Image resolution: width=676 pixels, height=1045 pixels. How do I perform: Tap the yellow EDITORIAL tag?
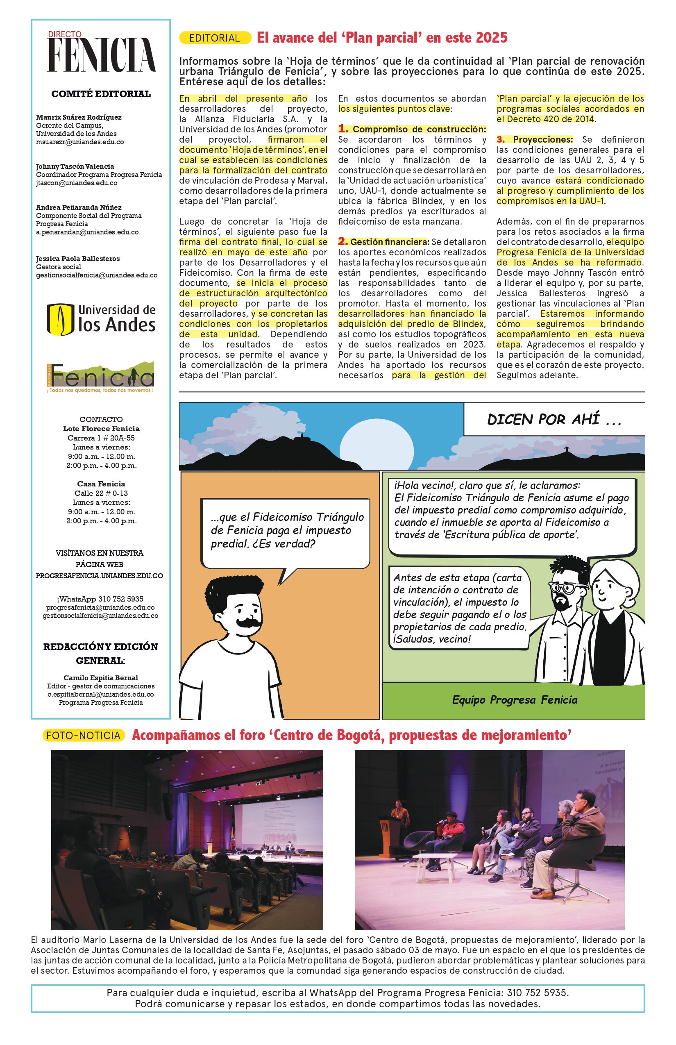(x=215, y=38)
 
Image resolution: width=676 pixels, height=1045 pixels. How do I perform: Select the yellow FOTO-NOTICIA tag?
(x=84, y=736)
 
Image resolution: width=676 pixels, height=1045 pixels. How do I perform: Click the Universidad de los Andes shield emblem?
(x=60, y=319)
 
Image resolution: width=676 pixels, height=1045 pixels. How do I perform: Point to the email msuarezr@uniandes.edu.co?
(x=80, y=142)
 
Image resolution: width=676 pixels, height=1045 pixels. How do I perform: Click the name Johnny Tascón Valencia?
(x=75, y=166)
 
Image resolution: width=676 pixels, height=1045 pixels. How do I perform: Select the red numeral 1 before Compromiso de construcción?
(x=343, y=129)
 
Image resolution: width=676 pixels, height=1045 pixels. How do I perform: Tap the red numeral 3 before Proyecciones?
(x=500, y=140)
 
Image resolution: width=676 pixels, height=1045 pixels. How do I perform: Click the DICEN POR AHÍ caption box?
(x=554, y=419)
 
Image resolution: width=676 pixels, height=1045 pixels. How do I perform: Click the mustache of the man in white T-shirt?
(x=249, y=622)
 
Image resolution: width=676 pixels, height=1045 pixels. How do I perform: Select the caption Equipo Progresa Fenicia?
(x=515, y=700)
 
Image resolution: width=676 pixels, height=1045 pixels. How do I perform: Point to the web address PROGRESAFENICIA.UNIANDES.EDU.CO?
(x=100, y=576)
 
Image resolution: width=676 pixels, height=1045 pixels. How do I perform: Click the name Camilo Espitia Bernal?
(x=100, y=678)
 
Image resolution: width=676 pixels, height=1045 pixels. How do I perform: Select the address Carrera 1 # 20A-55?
(x=101, y=438)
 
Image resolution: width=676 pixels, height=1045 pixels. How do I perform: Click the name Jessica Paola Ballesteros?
(x=78, y=259)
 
